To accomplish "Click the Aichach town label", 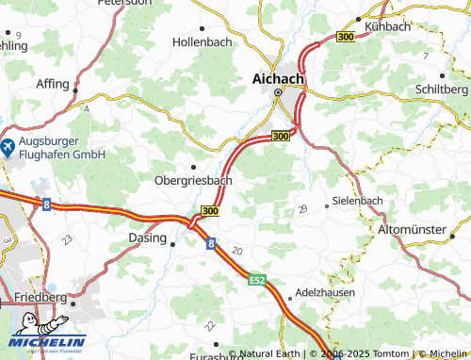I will pyautogui.click(x=278, y=79).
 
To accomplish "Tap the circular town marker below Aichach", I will pyautogui.click(x=278, y=93).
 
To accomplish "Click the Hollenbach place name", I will pyautogui.click(x=202, y=42).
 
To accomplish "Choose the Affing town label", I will pyautogui.click(x=53, y=84).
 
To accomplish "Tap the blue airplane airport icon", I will pyautogui.click(x=7, y=147).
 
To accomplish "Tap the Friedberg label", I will pyautogui.click(x=41, y=298).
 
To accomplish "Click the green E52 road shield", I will pyautogui.click(x=258, y=281).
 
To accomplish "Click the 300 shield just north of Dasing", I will pyautogui.click(x=209, y=211).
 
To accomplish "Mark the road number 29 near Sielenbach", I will pyautogui.click(x=302, y=208).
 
